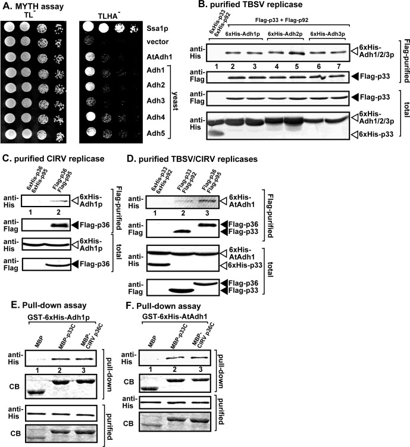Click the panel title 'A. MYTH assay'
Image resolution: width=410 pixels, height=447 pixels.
[33, 5]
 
